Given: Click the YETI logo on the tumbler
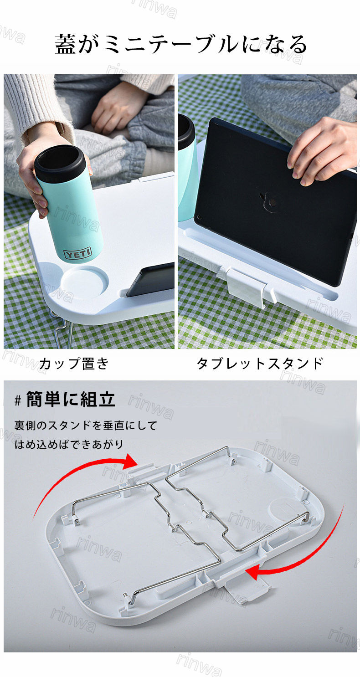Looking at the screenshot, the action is (x=77, y=253).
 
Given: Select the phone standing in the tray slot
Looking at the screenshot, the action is (x=150, y=280).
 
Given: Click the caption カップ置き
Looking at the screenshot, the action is (x=74, y=363).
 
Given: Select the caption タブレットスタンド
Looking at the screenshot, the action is (x=260, y=363).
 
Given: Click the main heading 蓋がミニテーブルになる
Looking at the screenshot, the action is (x=181, y=44).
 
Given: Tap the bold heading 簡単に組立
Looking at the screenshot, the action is (x=71, y=399).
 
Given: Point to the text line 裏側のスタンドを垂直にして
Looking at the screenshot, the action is (x=86, y=425).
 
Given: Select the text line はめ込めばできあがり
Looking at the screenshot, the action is (x=69, y=444).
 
